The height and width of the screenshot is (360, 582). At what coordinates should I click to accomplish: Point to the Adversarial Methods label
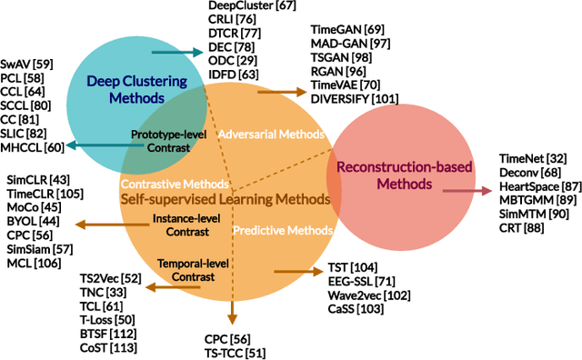[x=272, y=134]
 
